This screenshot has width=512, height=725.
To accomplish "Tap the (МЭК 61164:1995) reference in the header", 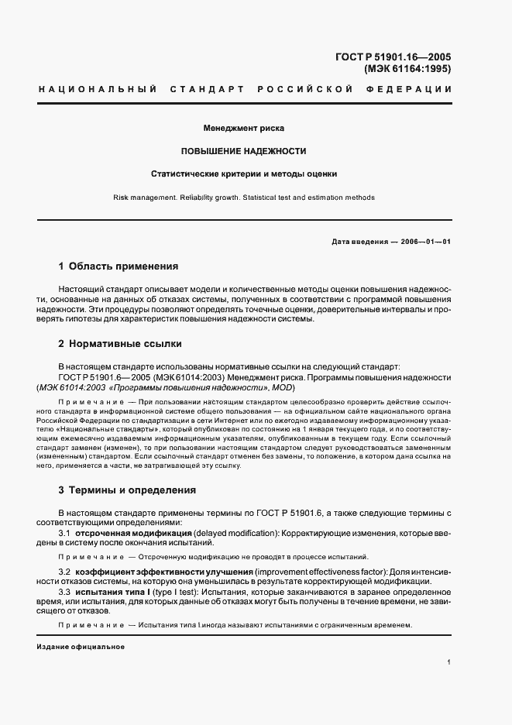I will click(407, 69).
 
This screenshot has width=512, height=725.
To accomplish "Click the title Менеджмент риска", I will click(244, 127).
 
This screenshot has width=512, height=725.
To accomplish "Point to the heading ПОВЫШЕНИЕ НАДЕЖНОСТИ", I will click(244, 151).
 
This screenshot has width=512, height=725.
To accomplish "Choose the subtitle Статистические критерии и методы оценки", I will click(244, 174).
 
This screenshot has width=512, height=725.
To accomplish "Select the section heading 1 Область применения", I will click(119, 266).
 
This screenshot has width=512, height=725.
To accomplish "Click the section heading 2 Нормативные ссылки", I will click(121, 344).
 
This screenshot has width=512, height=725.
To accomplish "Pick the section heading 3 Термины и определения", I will click(127, 490).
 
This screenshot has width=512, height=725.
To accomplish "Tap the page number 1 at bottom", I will click(448, 662).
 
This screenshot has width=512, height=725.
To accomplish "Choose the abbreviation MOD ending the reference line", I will click(284, 387).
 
